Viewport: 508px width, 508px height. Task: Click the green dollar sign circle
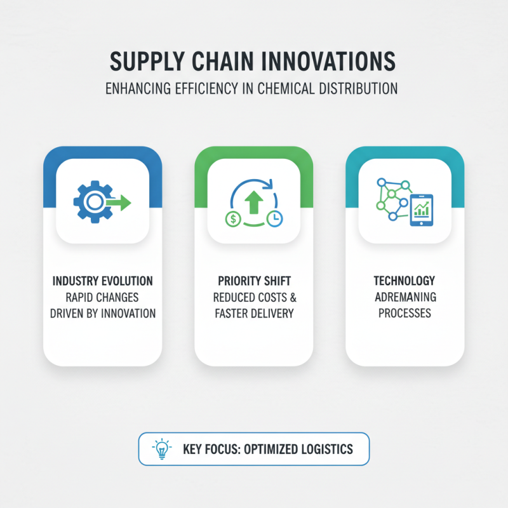[233, 218]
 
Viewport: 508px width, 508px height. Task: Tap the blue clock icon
[275, 217]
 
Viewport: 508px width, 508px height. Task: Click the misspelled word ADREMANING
[404, 297]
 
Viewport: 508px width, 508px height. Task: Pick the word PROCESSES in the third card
[404, 313]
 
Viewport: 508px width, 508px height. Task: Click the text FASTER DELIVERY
[253, 313]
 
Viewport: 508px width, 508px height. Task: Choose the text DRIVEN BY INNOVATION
[102, 313]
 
